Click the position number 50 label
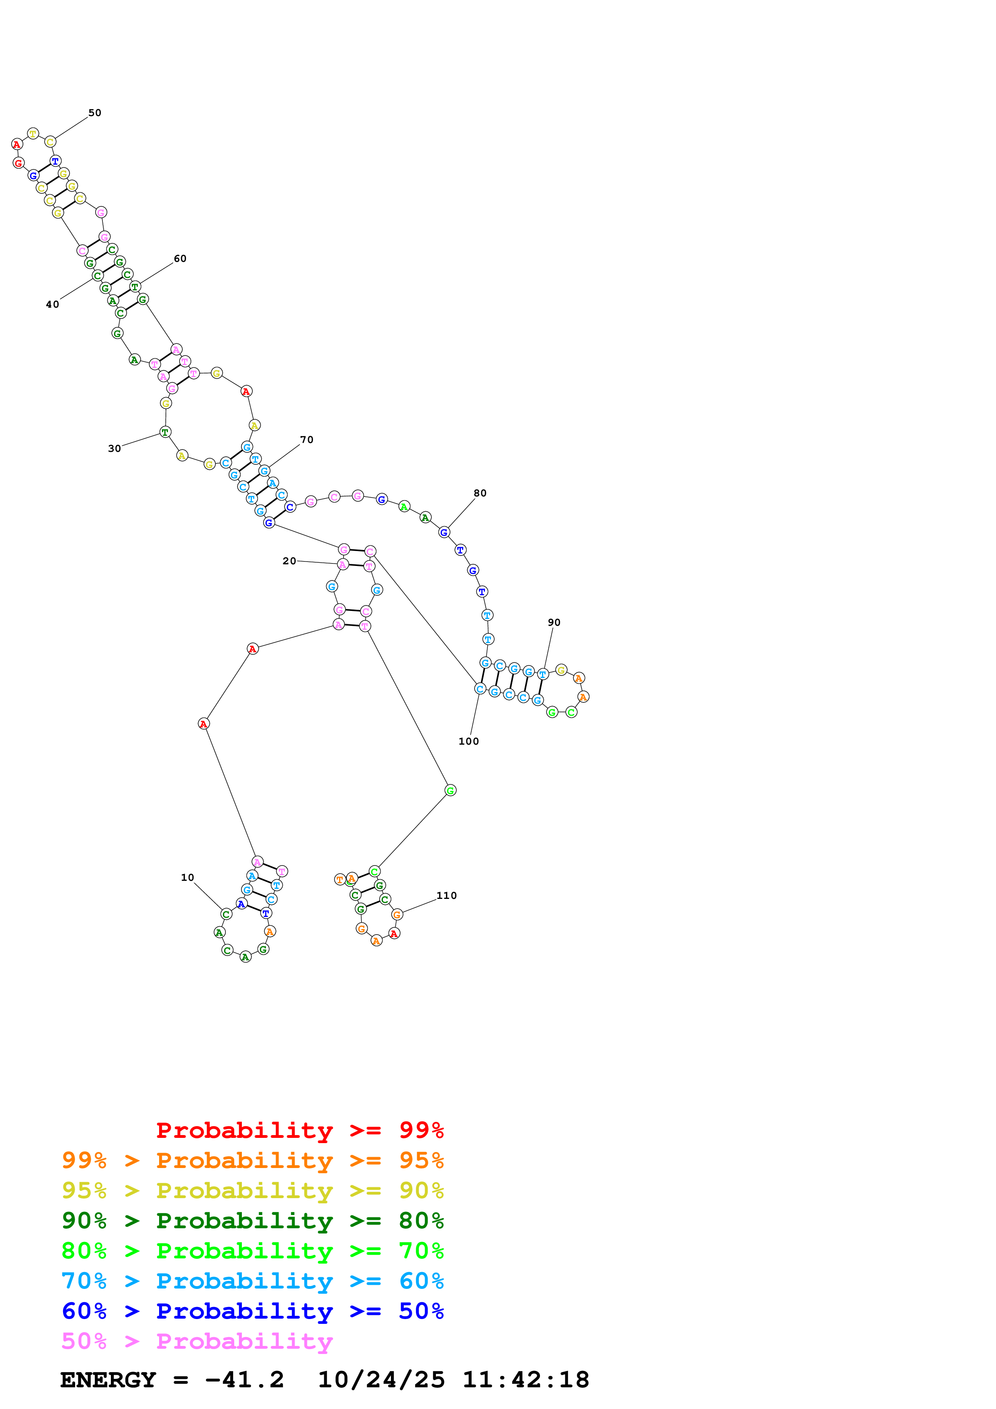(x=94, y=113)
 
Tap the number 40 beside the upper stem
(x=52, y=304)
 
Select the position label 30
(x=114, y=449)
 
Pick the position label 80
(x=480, y=493)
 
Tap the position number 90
(x=554, y=622)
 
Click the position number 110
(x=447, y=895)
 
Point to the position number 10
(x=187, y=878)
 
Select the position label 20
(x=289, y=561)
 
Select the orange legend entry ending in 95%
(x=252, y=1160)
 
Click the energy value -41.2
(x=244, y=1380)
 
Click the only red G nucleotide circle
(x=18, y=163)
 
